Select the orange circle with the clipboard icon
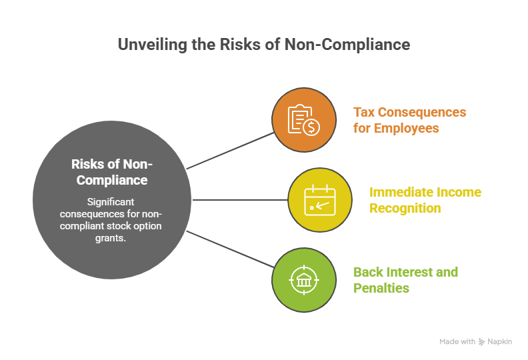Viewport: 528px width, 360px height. point(304,120)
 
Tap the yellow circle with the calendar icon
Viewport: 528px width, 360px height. point(320,200)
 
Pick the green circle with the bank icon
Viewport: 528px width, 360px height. point(304,280)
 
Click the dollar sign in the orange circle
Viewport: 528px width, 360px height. point(311,127)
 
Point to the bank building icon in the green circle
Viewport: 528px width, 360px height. point(304,280)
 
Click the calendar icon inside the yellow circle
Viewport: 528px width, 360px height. point(320,200)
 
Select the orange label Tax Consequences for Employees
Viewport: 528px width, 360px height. point(409,120)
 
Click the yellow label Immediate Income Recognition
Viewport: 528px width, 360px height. point(425,200)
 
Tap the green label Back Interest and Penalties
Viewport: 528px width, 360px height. point(405,280)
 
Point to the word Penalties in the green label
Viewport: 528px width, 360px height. point(381,289)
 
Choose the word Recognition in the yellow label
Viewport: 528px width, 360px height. point(405,209)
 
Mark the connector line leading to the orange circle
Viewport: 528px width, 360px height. point(230,150)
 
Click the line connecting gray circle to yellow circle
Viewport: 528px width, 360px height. point(240,199)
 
